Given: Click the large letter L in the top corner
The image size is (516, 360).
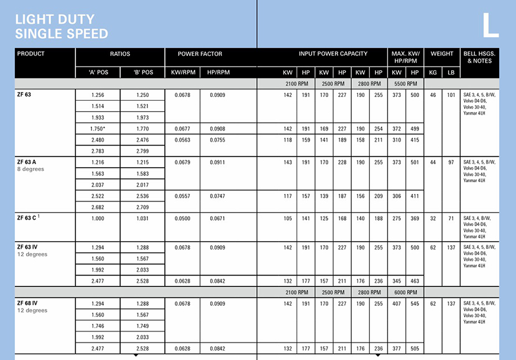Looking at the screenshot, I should point(491,25).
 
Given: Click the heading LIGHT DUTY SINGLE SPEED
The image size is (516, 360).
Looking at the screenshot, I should point(62,27).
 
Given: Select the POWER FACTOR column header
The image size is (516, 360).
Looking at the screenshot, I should point(200,54).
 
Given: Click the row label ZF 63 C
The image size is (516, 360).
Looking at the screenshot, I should point(27,218).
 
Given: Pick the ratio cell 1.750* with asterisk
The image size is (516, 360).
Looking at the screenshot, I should point(98,129).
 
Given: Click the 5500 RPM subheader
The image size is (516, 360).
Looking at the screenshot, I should point(405,83).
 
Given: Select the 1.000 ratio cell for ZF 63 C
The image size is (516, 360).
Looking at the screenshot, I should point(98,219).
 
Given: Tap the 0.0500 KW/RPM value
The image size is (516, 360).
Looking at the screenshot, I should point(183,219).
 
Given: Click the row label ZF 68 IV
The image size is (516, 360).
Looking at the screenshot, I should point(29,303).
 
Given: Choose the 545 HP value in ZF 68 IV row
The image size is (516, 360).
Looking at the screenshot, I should point(415,303).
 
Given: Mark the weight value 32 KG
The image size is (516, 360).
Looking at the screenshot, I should point(433,219).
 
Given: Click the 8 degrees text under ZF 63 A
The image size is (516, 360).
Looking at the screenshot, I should point(30,169).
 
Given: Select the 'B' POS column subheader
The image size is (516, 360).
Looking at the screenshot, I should point(143,72).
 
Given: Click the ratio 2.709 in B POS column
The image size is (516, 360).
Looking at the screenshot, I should point(143,208).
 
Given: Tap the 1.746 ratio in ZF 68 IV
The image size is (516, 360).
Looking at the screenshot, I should point(98,326).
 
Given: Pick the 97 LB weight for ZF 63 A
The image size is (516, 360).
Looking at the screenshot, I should point(451,162).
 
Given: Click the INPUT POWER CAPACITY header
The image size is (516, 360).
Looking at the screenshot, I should point(333,54).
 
